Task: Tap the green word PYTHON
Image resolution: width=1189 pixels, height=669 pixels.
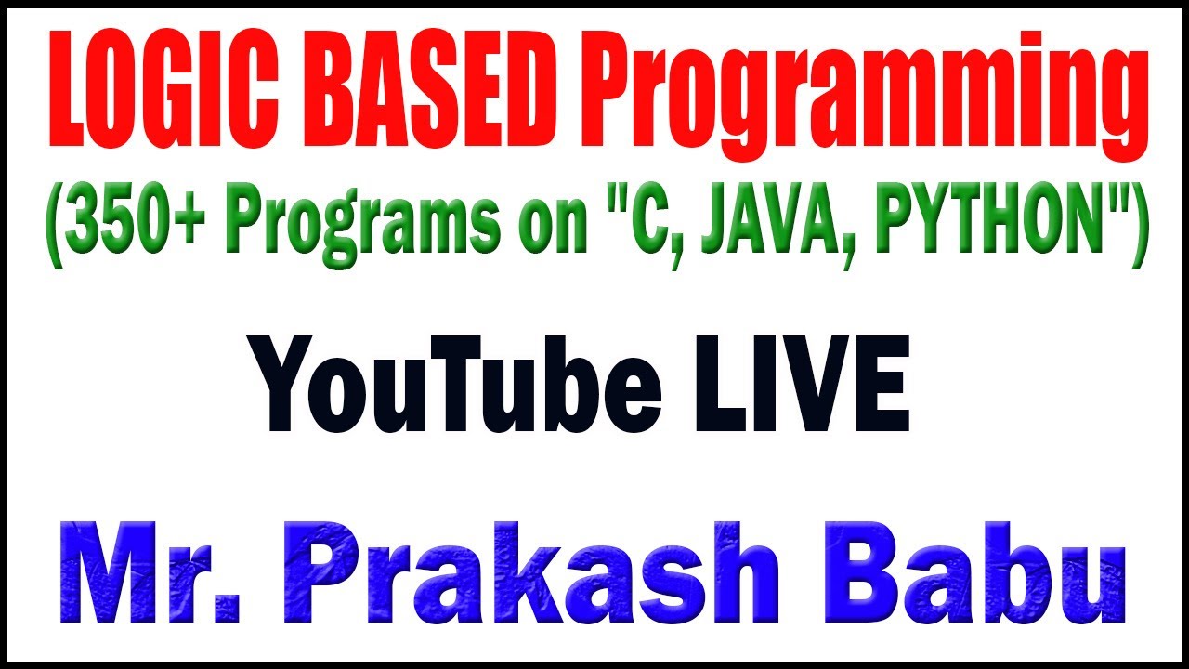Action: [x=987, y=218]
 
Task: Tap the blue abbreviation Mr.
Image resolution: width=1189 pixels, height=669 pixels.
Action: [x=150, y=572]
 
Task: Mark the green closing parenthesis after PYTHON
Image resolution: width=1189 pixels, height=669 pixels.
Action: [x=1140, y=226]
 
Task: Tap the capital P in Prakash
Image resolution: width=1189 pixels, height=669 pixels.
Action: [x=325, y=572]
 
